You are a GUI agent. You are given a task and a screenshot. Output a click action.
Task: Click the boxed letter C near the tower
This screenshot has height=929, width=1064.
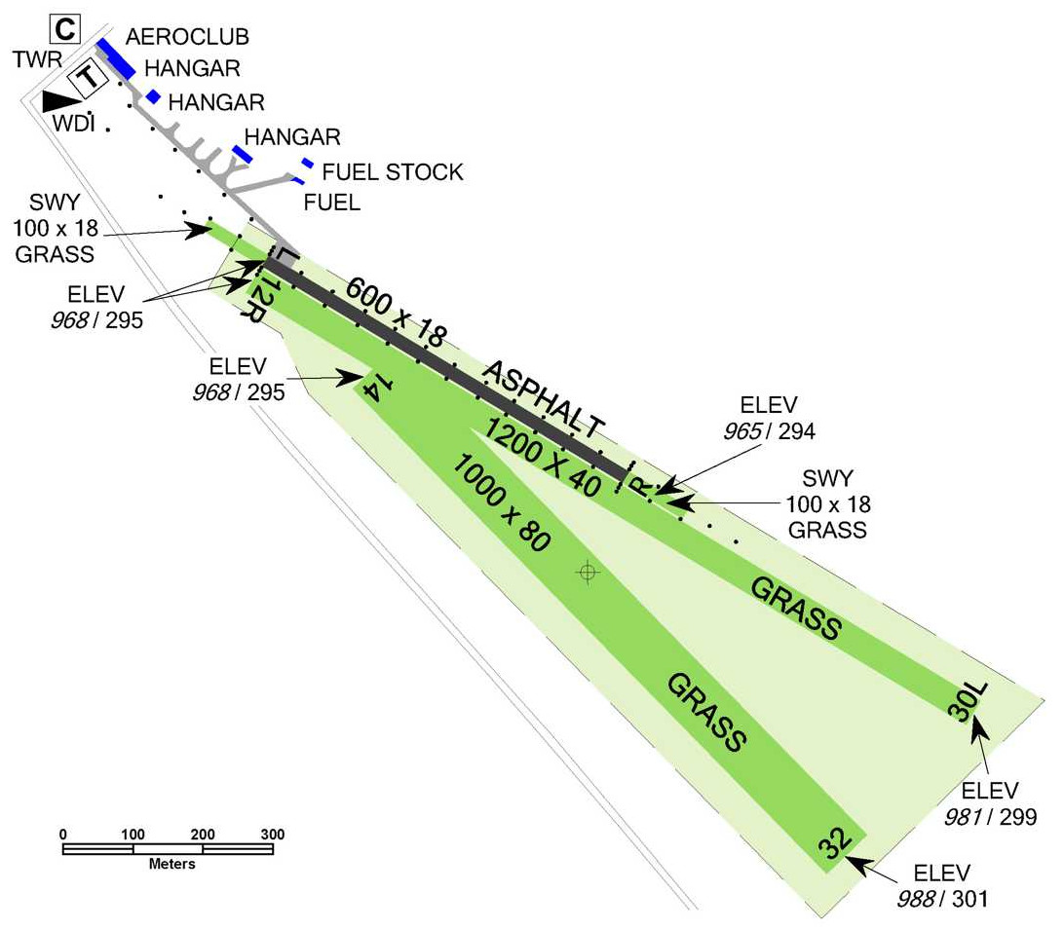point(62,28)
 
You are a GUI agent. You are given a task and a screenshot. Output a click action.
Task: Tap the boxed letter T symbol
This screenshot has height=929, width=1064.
point(88,78)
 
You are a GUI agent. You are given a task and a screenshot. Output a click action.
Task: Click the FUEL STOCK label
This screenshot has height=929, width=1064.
point(392,172)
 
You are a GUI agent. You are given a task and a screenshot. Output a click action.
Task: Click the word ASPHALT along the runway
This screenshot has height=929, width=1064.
point(544,400)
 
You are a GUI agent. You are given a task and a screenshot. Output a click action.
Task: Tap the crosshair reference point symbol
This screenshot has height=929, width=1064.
point(587,573)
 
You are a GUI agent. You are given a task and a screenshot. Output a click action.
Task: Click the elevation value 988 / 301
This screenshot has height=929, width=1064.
point(941,896)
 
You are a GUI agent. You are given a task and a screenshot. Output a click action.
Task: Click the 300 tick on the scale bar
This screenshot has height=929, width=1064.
point(272,835)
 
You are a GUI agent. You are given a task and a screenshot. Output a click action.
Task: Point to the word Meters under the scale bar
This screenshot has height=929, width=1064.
point(171,864)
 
